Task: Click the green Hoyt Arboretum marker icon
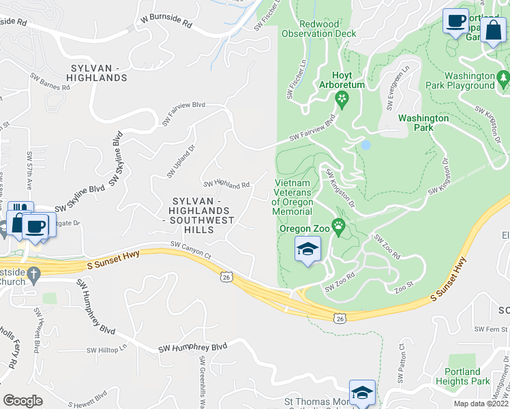coord(341,102)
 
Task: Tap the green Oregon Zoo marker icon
coord(337,226)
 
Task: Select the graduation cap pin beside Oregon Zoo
coord(307,249)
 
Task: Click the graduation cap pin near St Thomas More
coord(362,393)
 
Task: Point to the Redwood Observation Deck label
coord(318,29)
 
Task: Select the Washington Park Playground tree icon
coord(503,78)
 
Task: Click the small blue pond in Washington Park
coord(365,145)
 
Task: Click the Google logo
coord(22,400)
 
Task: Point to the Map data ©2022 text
coord(481,404)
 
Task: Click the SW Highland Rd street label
coord(226,184)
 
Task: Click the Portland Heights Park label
coord(462,376)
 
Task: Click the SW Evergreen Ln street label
coord(398,89)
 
